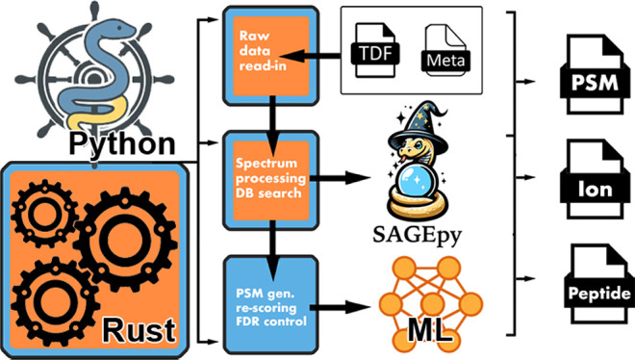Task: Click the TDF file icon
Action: click(375, 50)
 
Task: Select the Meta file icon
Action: click(445, 50)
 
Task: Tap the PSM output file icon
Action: click(595, 74)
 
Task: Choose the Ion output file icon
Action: click(595, 179)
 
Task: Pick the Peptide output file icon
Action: click(598, 284)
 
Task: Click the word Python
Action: click(122, 144)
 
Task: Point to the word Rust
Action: click(139, 331)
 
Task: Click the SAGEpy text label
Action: click(418, 235)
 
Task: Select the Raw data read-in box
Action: click(271, 56)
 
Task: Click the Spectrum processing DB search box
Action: click(271, 180)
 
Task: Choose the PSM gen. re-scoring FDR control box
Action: click(271, 305)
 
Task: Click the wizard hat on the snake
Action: click(419, 123)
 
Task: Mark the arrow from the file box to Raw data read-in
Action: click(314, 56)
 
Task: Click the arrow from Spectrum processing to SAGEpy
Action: click(340, 177)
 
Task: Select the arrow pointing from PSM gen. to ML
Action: click(340, 307)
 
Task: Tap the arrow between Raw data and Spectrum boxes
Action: click(273, 126)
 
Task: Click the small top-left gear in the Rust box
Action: click(44, 214)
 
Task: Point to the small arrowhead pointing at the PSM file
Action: click(530, 82)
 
